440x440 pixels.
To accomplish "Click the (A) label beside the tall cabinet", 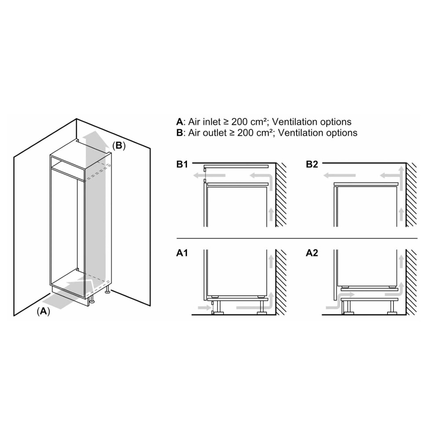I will point(44,311).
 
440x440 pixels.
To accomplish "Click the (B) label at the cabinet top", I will point(118,146).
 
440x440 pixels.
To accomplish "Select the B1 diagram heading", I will point(182,165).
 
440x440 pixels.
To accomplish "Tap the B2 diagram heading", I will point(312,165).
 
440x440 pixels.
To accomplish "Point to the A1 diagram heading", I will point(182,253).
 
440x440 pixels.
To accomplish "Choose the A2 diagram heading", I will point(312,253).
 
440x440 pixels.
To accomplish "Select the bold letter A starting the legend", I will point(179,122).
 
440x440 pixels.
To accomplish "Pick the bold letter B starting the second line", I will point(179,132).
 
